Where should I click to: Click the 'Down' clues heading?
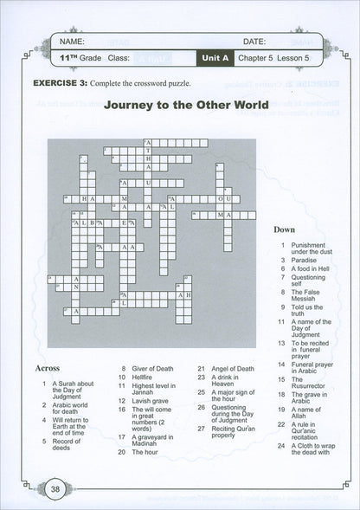(x=285, y=231)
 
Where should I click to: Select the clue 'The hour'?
(x=144, y=452)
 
